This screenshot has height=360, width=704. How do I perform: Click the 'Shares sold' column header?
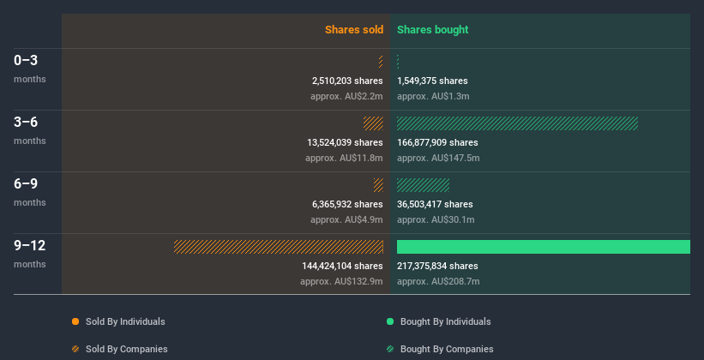pyautogui.click(x=353, y=30)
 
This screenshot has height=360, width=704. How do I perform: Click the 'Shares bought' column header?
pyautogui.click(x=432, y=30)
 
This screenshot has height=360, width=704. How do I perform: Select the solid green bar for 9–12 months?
pyautogui.click(x=543, y=247)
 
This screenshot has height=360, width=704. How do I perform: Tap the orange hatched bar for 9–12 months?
pyautogui.click(x=279, y=247)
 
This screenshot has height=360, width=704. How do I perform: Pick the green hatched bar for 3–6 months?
pyautogui.click(x=517, y=123)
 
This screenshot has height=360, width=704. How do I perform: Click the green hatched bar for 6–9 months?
pyautogui.click(x=423, y=185)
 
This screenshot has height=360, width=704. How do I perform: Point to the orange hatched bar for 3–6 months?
pyautogui.click(x=373, y=123)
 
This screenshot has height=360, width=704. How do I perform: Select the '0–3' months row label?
pyautogui.click(x=27, y=61)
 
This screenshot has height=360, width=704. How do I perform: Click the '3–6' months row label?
pyautogui.click(x=27, y=123)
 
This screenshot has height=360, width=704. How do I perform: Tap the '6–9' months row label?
pyautogui.click(x=27, y=184)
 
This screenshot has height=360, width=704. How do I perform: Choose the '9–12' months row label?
pyautogui.click(x=30, y=246)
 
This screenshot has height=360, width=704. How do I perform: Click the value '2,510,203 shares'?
pyautogui.click(x=347, y=81)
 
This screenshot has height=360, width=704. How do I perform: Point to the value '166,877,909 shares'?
pyautogui.click(x=437, y=142)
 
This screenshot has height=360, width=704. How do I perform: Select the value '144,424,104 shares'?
pyautogui.click(x=342, y=266)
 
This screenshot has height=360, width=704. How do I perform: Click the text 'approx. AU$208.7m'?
pyautogui.click(x=438, y=281)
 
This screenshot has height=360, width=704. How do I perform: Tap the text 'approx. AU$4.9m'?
pyautogui.click(x=346, y=219)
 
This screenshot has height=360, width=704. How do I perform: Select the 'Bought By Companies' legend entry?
pyautogui.click(x=447, y=349)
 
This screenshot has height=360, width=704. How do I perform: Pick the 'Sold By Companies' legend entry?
pyautogui.click(x=126, y=349)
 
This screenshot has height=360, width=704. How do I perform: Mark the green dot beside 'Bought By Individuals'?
pyautogui.click(x=390, y=321)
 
